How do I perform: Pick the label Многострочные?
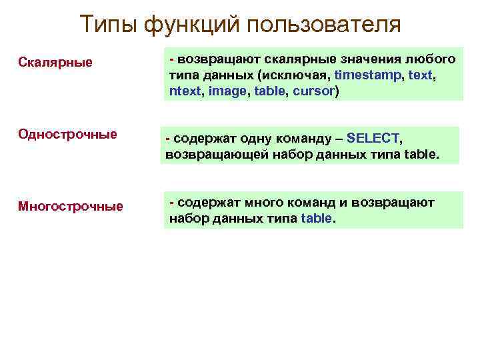(x=70, y=206)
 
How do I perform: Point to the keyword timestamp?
(x=368, y=75)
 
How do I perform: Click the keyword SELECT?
(x=373, y=139)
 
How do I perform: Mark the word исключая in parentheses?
(x=301, y=75)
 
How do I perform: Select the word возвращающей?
(x=210, y=155)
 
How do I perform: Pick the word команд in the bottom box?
(x=314, y=202)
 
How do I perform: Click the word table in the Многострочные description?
(x=316, y=218)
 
